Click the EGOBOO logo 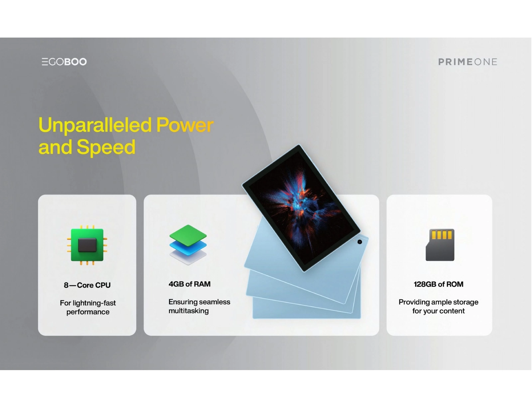(x=64, y=62)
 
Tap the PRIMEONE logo (x=467, y=62)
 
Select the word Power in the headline (x=185, y=125)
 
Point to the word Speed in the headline (x=106, y=147)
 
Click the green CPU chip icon (x=87, y=245)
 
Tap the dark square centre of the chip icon (x=87, y=245)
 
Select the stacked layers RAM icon (x=188, y=245)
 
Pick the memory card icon (x=440, y=245)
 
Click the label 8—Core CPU (x=87, y=285)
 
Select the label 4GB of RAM (x=190, y=284)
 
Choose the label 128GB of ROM (x=439, y=284)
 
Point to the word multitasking (x=189, y=311)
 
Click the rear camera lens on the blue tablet (x=360, y=242)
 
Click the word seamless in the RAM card (x=215, y=302)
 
